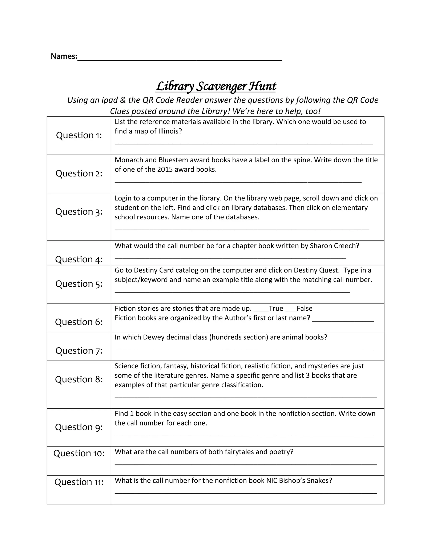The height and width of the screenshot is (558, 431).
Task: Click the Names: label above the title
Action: [x=64, y=56]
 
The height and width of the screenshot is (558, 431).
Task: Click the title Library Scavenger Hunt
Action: [x=216, y=86]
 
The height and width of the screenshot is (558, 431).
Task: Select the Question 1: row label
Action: [x=79, y=135]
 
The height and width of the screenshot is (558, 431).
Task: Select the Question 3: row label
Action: [x=79, y=212]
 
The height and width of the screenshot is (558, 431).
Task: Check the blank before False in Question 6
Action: [x=291, y=309]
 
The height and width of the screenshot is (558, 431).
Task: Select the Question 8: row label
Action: [x=79, y=379]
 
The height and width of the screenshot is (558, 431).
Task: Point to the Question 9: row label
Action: [x=79, y=427]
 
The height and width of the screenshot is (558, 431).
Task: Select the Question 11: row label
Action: [x=79, y=482]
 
